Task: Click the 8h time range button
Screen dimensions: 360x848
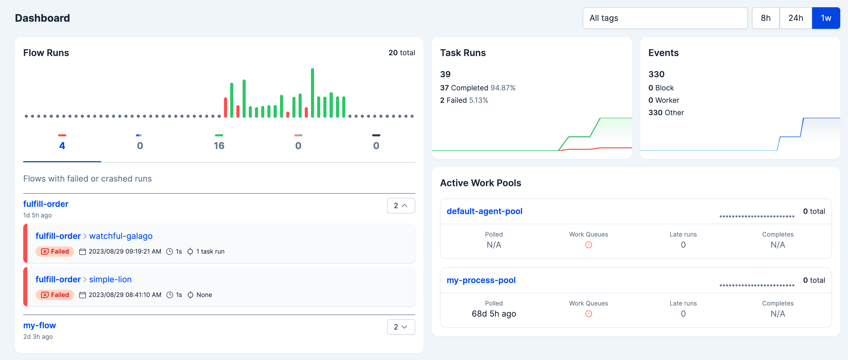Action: point(765,18)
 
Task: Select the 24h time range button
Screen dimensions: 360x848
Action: point(795,18)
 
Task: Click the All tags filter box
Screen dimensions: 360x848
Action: point(665,18)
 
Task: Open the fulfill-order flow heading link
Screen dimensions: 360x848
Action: point(46,204)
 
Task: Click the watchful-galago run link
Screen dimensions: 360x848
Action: point(121,236)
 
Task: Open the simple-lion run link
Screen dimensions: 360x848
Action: point(110,279)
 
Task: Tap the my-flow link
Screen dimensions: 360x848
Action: point(39,325)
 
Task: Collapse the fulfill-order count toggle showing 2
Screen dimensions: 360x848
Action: point(401,206)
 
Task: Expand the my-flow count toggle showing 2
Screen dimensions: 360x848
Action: point(401,327)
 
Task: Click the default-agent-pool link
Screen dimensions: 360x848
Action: point(484,211)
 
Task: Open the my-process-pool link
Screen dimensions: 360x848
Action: point(481,280)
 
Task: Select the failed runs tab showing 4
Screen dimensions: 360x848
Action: point(62,145)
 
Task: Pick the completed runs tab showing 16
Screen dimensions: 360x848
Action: point(219,145)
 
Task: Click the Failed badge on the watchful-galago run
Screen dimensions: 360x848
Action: point(55,252)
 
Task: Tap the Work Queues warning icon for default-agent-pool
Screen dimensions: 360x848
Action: point(588,245)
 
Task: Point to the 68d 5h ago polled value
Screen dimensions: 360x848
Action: point(493,314)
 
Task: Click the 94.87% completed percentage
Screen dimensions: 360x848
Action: point(503,88)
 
